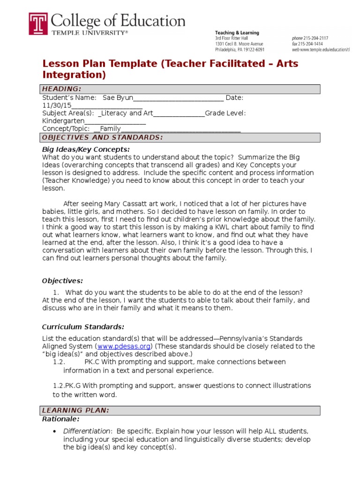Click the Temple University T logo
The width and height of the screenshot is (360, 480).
click(x=38, y=23)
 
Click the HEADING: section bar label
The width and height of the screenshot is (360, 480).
click(x=61, y=89)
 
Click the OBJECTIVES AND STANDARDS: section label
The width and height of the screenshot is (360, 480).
click(x=102, y=137)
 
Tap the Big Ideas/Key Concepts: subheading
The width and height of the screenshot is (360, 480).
click(x=86, y=149)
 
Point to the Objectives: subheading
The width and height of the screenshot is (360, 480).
click(x=62, y=281)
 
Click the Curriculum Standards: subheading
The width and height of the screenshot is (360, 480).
click(x=83, y=327)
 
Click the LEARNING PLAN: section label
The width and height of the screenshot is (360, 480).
click(x=75, y=411)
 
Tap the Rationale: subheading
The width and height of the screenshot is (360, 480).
click(x=61, y=419)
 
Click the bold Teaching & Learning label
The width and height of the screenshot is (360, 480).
click(x=237, y=33)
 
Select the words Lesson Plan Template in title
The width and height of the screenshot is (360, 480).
click(x=100, y=63)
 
